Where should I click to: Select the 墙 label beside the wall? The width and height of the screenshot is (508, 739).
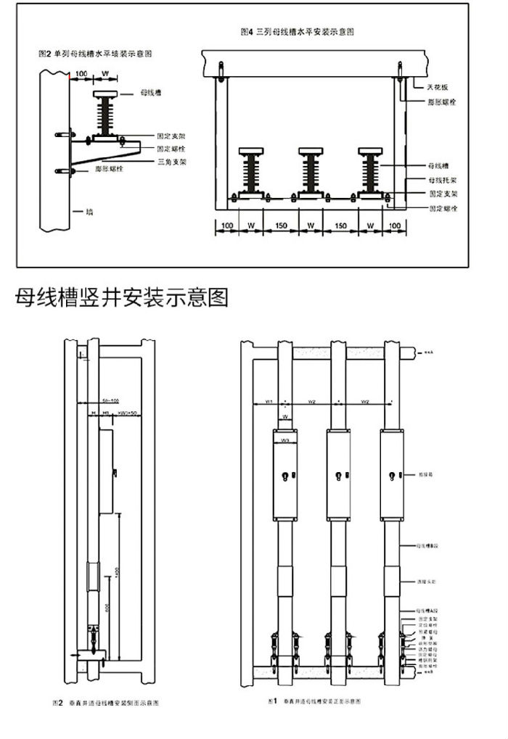click(89, 211)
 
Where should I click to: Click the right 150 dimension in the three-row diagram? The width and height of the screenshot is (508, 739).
click(340, 226)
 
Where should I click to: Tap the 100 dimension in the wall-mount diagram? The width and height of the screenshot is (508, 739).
click(81, 74)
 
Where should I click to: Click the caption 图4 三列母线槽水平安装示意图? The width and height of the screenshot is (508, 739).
click(302, 33)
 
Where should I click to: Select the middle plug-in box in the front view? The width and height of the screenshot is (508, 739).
click(340, 475)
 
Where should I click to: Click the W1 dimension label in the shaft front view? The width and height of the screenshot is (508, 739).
click(268, 401)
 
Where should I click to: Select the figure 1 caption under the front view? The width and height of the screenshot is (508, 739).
click(315, 702)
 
